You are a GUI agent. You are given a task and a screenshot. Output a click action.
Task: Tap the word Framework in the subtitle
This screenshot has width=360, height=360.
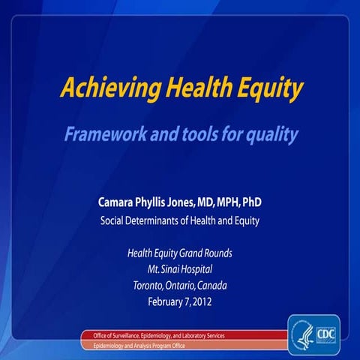[x=103, y=135]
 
